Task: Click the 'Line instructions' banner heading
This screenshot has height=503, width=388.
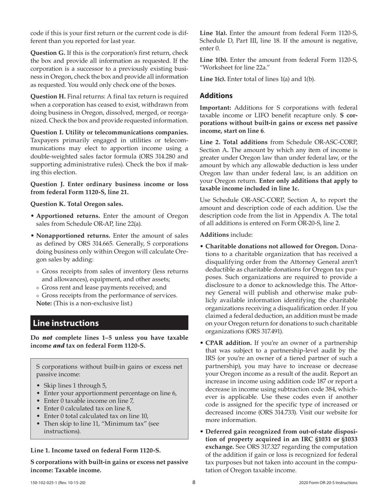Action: tap(66, 323)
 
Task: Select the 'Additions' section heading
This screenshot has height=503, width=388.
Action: tap(216, 96)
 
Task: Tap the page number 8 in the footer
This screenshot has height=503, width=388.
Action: tap(194, 483)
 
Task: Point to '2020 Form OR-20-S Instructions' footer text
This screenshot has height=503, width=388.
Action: tap(328, 483)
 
